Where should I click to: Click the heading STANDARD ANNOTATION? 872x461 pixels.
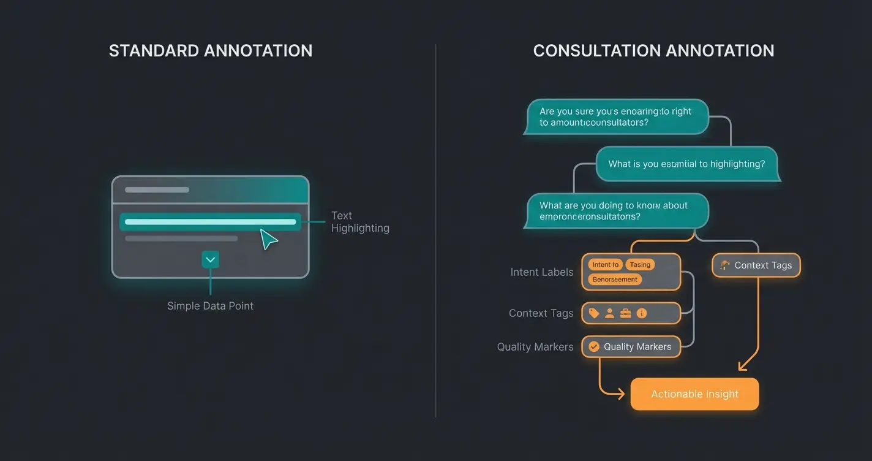(x=211, y=50)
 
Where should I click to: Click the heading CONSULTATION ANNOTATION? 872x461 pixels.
(x=653, y=50)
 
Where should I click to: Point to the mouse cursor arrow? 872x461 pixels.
(x=268, y=239)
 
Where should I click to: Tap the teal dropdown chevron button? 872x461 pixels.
(x=210, y=260)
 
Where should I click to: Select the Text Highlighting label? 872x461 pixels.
(x=359, y=222)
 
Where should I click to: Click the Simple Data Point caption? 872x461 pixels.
(x=210, y=306)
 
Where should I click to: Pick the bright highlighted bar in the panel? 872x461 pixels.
(x=210, y=222)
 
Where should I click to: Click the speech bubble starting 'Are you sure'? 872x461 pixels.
(x=615, y=116)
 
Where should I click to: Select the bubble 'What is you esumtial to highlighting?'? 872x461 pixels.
(x=686, y=164)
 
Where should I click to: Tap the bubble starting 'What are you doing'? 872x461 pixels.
(x=615, y=211)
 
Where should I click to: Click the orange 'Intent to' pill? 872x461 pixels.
(x=606, y=265)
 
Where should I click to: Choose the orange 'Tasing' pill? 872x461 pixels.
(x=640, y=265)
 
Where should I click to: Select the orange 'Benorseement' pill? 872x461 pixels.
(x=615, y=280)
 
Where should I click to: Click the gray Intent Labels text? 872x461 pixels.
(x=542, y=272)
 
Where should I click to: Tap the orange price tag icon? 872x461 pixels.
(x=593, y=313)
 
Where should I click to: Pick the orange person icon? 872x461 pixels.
(x=609, y=313)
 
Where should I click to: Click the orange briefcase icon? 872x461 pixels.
(x=625, y=313)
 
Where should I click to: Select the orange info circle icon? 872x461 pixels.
(x=642, y=313)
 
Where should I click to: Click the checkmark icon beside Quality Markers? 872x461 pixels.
(x=593, y=347)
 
